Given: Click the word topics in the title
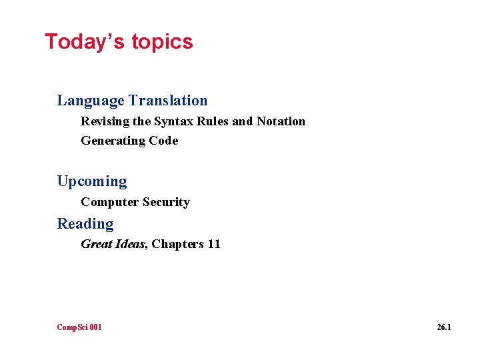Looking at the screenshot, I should (162, 42).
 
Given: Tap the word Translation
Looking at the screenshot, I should (168, 101).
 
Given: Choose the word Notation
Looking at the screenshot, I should (281, 121).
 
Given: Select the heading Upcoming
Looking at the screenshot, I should (92, 181).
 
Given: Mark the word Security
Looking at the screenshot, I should (166, 202).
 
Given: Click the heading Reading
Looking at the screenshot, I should (85, 224).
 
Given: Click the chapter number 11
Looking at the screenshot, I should (213, 244).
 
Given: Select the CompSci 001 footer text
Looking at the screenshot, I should (79, 327).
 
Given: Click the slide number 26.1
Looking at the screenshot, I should (444, 327).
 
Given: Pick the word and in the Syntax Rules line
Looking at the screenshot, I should (243, 121).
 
